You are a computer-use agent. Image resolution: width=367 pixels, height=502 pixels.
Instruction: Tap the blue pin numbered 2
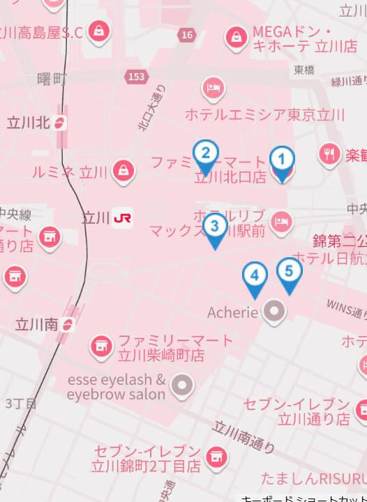coord(205,154)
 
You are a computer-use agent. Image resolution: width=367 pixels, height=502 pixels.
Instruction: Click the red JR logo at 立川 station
coord(123,218)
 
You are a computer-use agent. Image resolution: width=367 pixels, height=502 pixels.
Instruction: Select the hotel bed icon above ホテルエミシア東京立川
coord(213,89)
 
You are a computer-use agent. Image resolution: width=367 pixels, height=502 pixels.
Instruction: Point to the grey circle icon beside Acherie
coord(274,312)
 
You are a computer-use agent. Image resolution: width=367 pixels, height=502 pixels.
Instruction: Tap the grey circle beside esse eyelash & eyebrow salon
coord(183,384)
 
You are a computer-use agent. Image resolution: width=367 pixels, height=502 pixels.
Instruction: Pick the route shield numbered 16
coord(186,35)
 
